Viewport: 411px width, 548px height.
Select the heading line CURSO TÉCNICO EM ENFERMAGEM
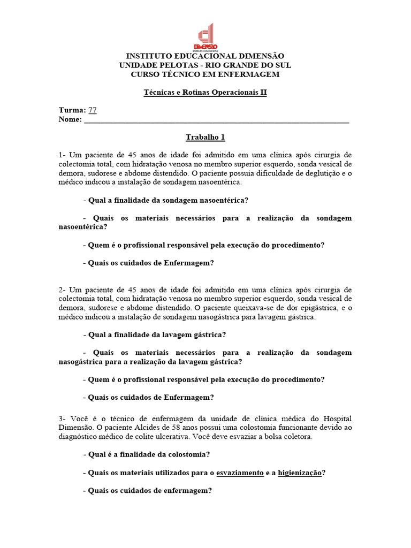click(x=205, y=74)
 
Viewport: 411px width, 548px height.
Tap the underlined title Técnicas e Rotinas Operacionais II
click(x=205, y=92)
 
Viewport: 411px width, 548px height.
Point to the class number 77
click(x=93, y=110)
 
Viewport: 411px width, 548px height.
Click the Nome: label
click(x=70, y=119)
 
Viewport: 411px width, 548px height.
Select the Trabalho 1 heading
click(x=205, y=138)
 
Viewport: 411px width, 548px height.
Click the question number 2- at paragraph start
click(x=63, y=290)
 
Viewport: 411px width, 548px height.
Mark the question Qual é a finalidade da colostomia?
click(x=149, y=454)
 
